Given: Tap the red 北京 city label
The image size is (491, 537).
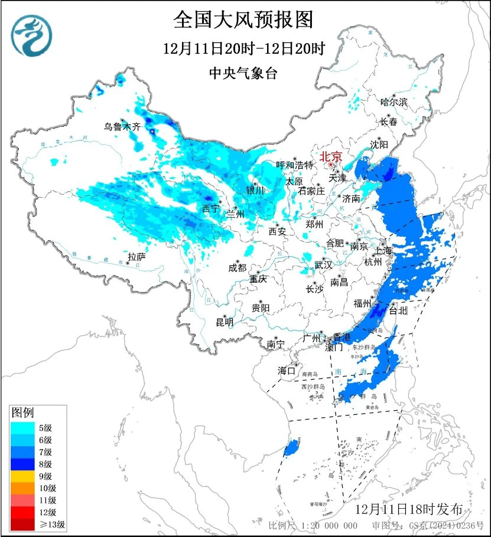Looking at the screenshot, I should point(331,157).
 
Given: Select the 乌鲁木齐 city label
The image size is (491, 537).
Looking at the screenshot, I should point(122,126).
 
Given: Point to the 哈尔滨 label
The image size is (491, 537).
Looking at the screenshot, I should point(394,102).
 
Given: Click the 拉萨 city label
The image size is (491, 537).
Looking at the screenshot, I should point(136,257).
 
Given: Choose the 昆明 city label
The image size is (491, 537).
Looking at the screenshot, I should point(225,322).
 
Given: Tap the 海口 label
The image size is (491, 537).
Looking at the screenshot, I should point(287,371).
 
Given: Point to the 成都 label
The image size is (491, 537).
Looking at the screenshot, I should point(237,268).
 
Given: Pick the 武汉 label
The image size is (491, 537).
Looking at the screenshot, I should point(323,264).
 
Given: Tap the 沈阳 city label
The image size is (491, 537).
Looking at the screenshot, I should point(379,145).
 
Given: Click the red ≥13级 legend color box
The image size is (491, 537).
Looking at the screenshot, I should point(22,523).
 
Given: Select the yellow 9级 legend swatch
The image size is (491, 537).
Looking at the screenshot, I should point(22,476).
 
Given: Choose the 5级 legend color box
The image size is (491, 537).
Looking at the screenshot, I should point(22,428).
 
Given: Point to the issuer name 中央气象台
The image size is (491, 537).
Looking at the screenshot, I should point(243,73).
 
